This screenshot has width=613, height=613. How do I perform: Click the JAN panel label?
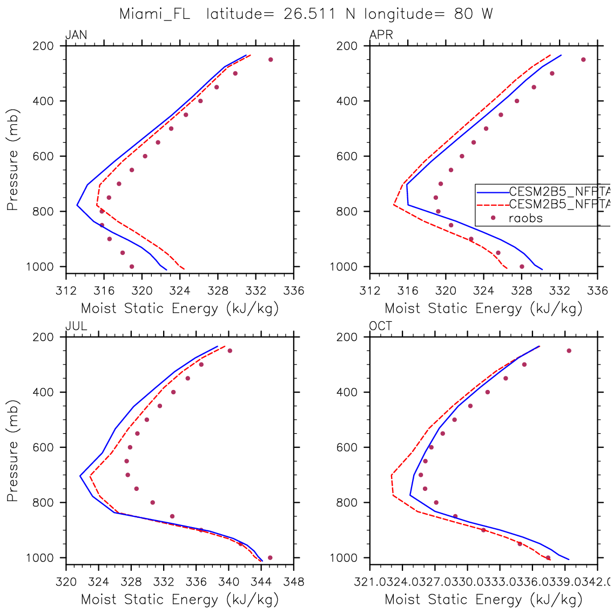tap(76, 36)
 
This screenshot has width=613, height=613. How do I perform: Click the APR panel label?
tap(381, 36)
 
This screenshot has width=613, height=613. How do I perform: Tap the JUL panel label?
tap(76, 326)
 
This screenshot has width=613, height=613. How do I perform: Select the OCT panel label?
tap(381, 326)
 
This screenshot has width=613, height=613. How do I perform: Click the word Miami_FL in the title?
tap(154, 14)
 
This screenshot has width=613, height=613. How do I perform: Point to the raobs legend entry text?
tap(526, 218)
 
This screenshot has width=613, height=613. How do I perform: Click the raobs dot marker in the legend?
tap(493, 218)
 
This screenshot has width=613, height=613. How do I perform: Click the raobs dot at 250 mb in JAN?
tap(271, 59)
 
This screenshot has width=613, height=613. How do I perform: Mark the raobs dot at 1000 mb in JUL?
tap(270, 557)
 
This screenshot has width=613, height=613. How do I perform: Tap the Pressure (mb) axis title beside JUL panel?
tap(12, 451)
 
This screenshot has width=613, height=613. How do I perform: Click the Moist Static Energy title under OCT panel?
tap(483, 599)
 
